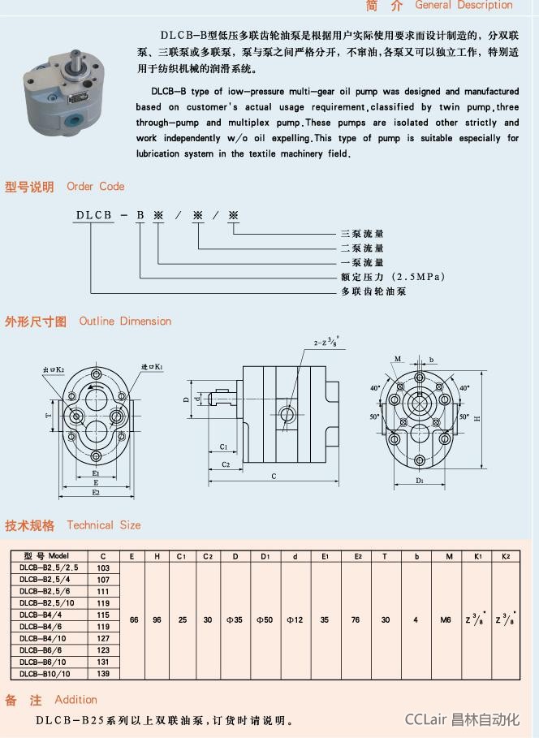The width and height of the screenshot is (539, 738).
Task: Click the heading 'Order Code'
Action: (x=95, y=186)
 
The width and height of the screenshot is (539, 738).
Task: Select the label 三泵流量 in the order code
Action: (x=362, y=233)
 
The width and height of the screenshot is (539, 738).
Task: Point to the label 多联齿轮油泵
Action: (x=373, y=291)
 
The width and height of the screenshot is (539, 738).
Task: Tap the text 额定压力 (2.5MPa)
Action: (x=392, y=277)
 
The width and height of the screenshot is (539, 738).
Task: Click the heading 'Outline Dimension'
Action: (x=125, y=321)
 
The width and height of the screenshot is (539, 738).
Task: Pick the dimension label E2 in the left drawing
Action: (x=96, y=492)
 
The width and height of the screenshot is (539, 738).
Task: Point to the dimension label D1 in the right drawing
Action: (x=420, y=481)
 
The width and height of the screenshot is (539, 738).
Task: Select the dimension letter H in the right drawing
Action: (x=477, y=419)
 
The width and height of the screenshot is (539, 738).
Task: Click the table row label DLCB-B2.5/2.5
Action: (x=49, y=568)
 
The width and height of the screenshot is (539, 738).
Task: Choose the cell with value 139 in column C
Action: (x=103, y=674)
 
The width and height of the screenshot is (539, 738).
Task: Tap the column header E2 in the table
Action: (x=357, y=556)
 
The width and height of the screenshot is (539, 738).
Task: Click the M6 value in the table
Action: (x=446, y=619)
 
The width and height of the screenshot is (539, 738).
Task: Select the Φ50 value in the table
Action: (x=265, y=619)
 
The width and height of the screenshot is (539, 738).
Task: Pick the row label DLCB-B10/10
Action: (x=45, y=674)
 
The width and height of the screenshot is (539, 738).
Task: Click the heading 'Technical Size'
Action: (x=103, y=525)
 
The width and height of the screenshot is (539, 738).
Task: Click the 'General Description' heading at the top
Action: (x=464, y=5)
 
